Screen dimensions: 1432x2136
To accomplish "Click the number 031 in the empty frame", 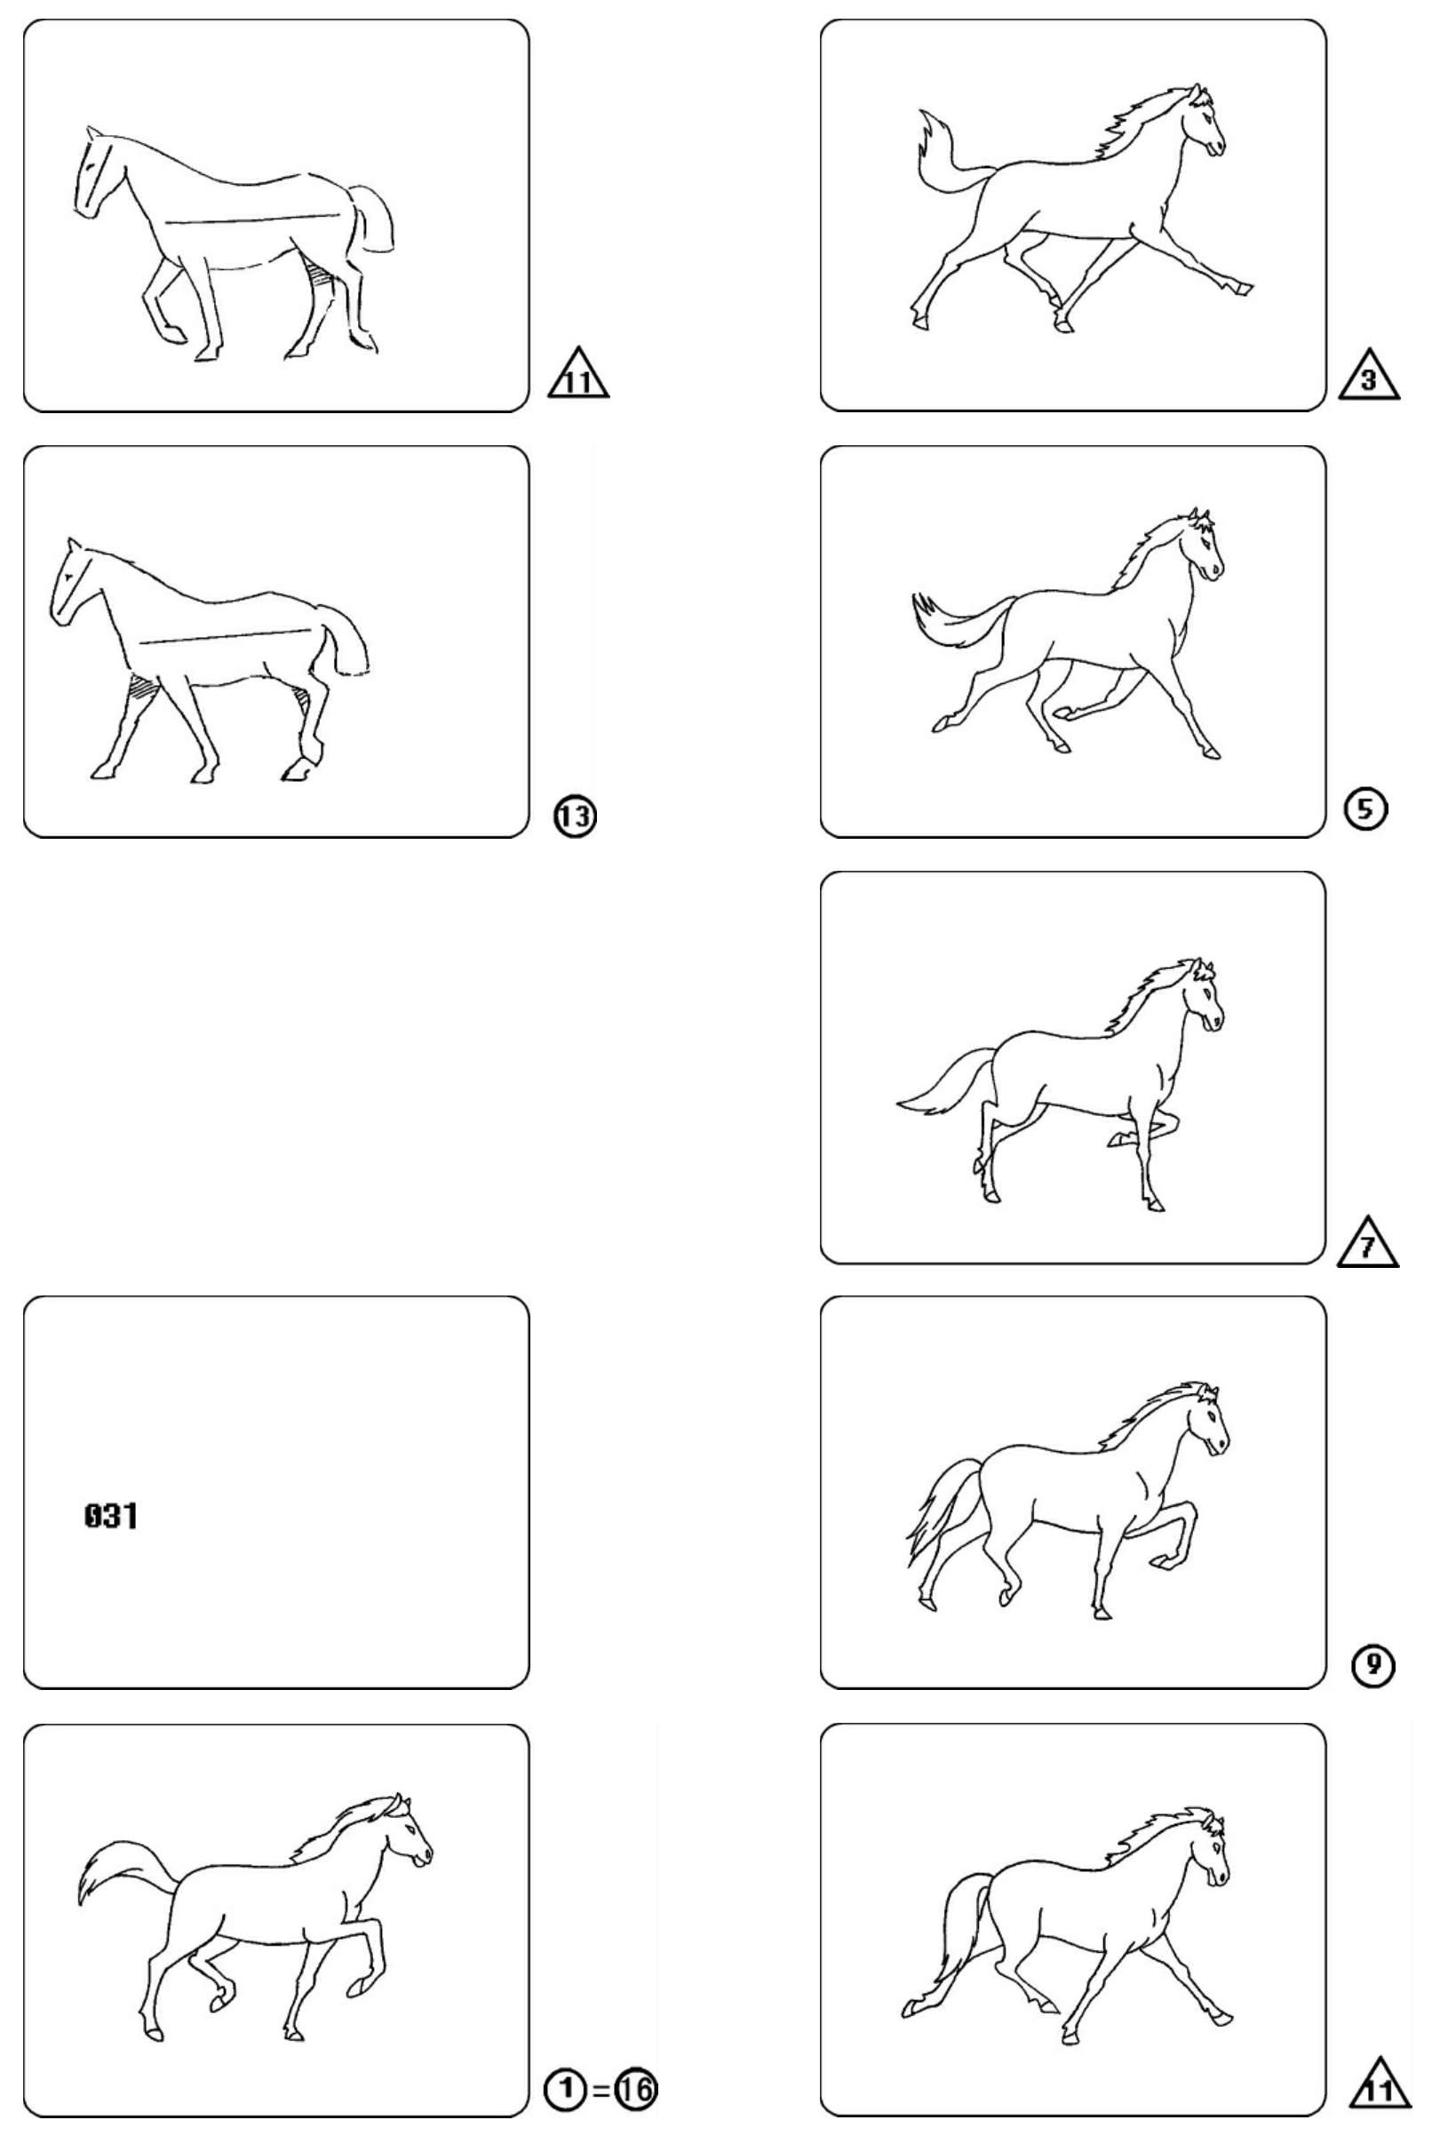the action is point(110,1517).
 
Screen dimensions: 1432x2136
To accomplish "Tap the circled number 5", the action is point(1365,809).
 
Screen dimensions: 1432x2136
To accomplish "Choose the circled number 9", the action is point(1372,1667).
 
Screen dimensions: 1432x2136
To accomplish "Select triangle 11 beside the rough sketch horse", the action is point(578,375).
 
